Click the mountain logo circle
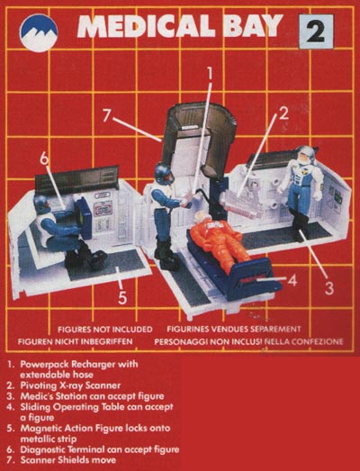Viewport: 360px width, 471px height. (39, 33)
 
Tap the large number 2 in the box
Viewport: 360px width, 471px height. (316, 32)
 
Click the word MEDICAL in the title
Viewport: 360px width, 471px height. (147, 26)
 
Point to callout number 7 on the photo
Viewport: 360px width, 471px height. (106, 116)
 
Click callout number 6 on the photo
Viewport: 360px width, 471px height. (44, 158)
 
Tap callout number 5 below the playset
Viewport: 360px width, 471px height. (122, 297)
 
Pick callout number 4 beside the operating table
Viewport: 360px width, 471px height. (292, 280)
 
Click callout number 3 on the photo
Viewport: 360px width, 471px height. (329, 288)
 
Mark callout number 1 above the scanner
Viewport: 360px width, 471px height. (210, 73)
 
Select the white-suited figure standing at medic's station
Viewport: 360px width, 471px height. (301, 192)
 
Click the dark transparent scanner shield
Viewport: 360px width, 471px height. (197, 136)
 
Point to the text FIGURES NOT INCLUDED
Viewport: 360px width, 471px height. (105, 330)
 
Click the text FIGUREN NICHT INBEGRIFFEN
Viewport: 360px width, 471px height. (75, 341)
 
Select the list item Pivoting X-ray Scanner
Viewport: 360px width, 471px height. (70, 385)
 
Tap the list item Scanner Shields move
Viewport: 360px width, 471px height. (67, 460)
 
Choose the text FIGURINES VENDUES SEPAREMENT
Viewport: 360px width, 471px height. (234, 330)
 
